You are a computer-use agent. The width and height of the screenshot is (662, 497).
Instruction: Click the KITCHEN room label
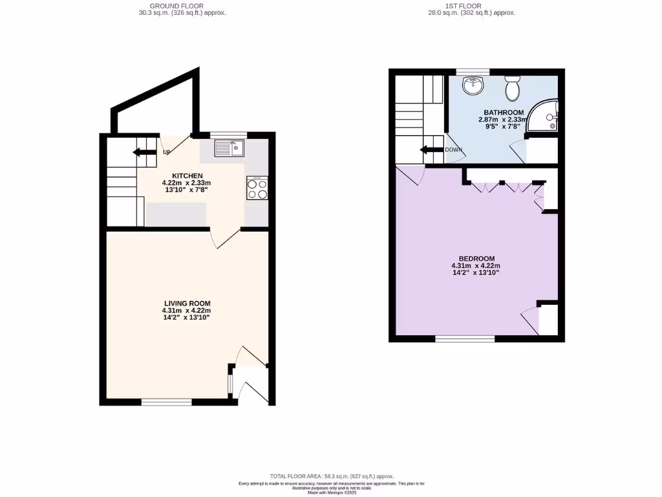click(187, 176)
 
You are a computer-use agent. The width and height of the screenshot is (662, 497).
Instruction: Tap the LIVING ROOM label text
click(187, 304)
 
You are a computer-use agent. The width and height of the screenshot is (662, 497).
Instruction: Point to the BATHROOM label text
click(500, 113)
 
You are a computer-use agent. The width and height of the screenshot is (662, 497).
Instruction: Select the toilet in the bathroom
click(513, 89)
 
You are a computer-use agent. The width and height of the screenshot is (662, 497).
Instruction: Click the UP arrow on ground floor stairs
click(144, 153)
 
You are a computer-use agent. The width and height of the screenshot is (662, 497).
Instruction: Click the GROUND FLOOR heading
click(182, 6)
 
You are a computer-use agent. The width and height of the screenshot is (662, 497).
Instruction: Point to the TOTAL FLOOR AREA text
click(332, 476)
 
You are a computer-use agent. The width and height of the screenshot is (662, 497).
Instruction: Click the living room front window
click(167, 402)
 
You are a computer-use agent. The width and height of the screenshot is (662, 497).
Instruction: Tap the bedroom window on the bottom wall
click(465, 338)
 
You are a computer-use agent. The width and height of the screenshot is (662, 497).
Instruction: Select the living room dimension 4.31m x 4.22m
click(187, 311)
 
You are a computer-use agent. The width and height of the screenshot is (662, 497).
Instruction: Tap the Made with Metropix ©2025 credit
click(332, 492)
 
